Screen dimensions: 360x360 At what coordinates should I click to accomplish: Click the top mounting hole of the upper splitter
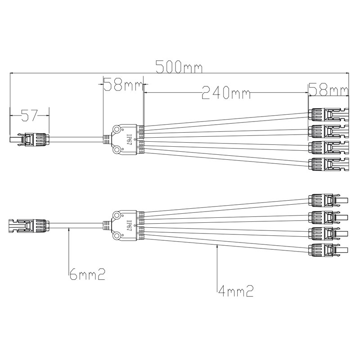[x=117, y=129]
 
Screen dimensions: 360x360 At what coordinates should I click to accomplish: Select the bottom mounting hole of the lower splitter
[x=117, y=234]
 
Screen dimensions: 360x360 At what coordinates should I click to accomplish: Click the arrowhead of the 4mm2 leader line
[x=217, y=243]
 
